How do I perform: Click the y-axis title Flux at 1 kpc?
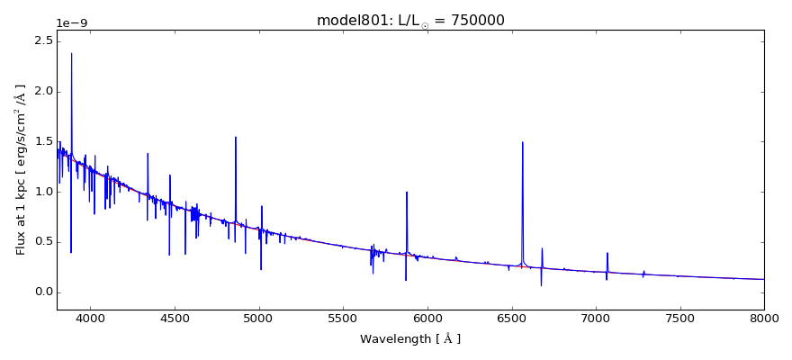[x=21, y=170]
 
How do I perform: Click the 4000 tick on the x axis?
[x=90, y=318]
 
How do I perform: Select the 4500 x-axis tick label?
[x=175, y=318]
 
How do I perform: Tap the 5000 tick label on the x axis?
[x=259, y=318]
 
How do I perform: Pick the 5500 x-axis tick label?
[x=343, y=318]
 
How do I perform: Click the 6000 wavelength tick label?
[x=427, y=318]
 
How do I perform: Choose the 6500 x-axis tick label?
[x=511, y=318]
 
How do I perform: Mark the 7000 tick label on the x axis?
[x=596, y=318]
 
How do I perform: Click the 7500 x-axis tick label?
[x=679, y=318]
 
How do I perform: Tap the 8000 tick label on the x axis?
[x=763, y=318]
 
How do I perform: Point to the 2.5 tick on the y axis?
[x=40, y=41]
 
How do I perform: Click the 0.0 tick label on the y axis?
[x=40, y=292]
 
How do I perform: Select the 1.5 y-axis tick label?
[x=40, y=141]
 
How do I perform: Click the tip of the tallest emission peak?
[x=71, y=53]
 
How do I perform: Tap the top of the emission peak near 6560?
[x=522, y=142]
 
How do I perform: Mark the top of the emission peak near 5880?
[x=407, y=192]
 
